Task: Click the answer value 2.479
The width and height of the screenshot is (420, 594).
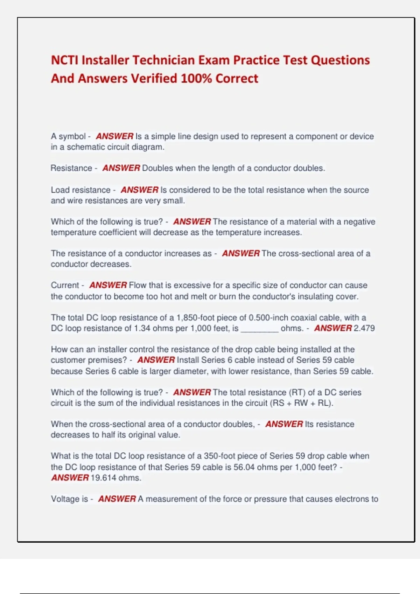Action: [x=364, y=328]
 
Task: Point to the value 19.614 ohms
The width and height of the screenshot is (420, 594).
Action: [x=116, y=478]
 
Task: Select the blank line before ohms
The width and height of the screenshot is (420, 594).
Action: [x=259, y=329]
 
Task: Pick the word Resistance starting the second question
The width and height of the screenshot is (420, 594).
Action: [x=71, y=168]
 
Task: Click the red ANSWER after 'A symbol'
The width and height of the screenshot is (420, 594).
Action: [x=114, y=136]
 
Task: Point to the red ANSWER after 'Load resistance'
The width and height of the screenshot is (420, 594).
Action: [x=139, y=190]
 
